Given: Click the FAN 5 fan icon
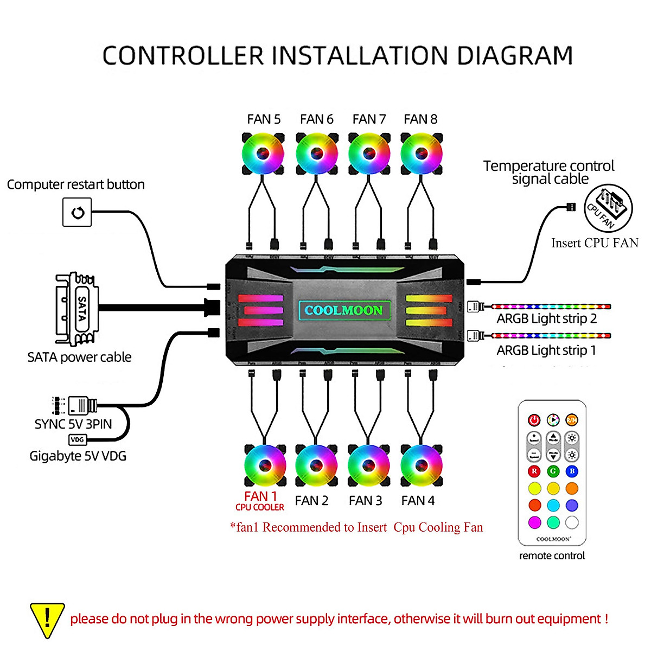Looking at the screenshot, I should click(x=263, y=154).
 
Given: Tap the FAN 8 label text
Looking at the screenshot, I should click(x=420, y=119).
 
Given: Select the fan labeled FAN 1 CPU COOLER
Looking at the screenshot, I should click(x=265, y=465).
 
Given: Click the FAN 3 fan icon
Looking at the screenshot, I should click(x=368, y=465).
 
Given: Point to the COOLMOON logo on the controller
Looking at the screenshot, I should click(x=344, y=310).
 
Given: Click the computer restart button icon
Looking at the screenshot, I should click(x=77, y=212).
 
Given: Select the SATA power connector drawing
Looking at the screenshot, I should click(x=76, y=309).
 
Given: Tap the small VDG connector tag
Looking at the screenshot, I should click(x=78, y=440).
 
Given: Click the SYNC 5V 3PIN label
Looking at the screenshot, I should click(x=73, y=424).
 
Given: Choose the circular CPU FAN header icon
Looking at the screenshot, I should click(x=608, y=208).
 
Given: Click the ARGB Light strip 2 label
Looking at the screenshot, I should click(x=546, y=319).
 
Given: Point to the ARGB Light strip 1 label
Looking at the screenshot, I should click(x=546, y=350).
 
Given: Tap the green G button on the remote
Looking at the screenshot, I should click(x=553, y=471).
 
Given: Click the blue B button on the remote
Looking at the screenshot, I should click(x=572, y=471).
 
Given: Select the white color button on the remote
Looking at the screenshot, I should click(x=572, y=522).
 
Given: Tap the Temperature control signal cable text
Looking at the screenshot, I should click(x=549, y=172).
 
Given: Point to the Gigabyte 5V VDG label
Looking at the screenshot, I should click(x=78, y=456).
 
